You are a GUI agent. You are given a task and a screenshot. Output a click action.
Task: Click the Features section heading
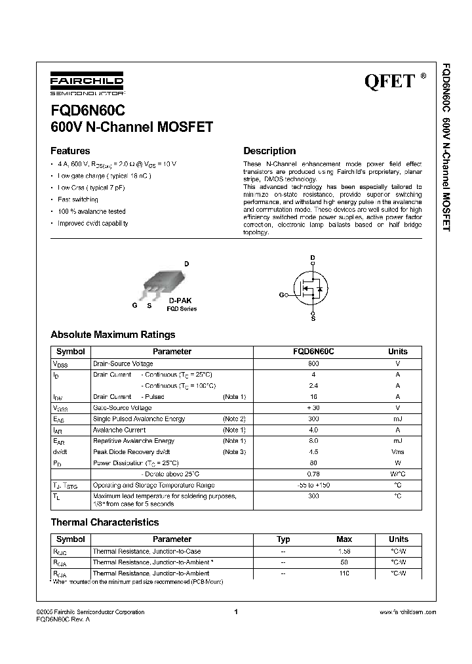pyautogui.click(x=70, y=151)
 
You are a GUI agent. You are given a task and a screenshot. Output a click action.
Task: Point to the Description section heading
pyautogui.click(x=269, y=151)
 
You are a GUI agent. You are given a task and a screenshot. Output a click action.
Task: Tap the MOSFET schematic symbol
pyautogui.click(x=313, y=287)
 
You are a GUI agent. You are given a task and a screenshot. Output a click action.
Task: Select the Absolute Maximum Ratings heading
pyautogui.click(x=113, y=335)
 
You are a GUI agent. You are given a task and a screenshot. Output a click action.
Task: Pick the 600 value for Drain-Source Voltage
pyautogui.click(x=313, y=363)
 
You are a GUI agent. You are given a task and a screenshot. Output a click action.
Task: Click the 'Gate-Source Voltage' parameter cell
pyautogui.click(x=123, y=407)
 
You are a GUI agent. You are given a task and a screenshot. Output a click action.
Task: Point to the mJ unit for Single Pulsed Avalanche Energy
pyautogui.click(x=397, y=419)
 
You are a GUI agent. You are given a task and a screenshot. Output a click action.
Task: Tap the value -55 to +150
pyautogui.click(x=313, y=485)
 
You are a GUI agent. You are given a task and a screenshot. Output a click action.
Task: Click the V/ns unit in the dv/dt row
pyautogui.click(x=397, y=451)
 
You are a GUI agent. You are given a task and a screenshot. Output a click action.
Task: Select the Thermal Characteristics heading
pyautogui.click(x=105, y=522)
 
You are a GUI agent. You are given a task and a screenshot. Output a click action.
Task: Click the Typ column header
pyautogui.click(x=283, y=539)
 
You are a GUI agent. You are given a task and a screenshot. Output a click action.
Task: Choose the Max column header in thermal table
pyautogui.click(x=344, y=539)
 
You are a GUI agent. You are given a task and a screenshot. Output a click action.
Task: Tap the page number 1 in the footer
pyautogui.click(x=235, y=612)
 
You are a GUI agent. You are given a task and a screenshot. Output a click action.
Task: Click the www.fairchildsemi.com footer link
pyautogui.click(x=408, y=612)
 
